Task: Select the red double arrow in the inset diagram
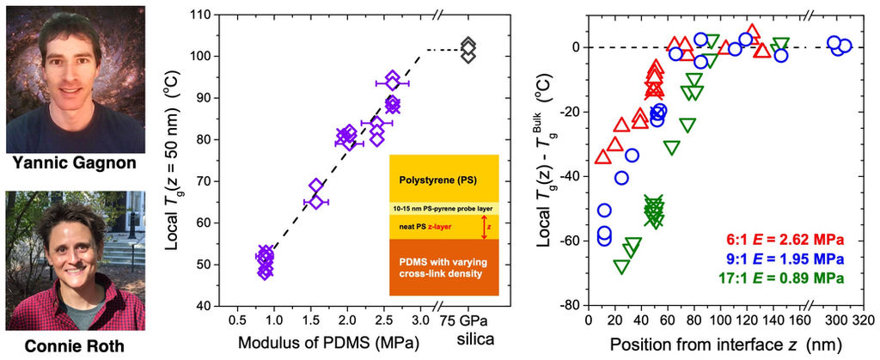click(486, 227)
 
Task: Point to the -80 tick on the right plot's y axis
click(568, 305)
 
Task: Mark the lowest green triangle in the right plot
click(621, 266)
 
